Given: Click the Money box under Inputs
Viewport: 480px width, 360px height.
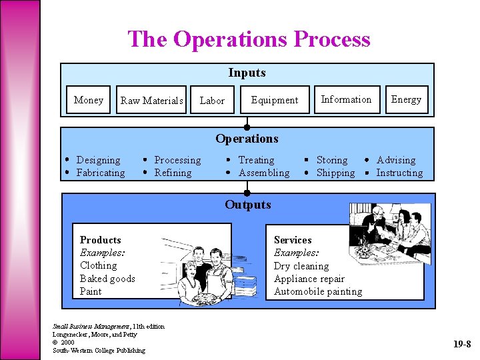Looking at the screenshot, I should [x=89, y=100].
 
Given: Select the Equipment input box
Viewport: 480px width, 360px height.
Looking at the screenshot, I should [x=275, y=100].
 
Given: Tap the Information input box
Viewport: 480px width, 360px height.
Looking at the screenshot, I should [x=346, y=99].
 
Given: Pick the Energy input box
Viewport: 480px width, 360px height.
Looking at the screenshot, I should [x=406, y=99].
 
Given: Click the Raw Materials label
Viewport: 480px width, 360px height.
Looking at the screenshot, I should [x=152, y=101].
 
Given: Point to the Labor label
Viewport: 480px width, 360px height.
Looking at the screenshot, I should [x=212, y=101].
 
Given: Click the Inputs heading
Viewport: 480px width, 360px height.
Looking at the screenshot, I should [x=247, y=73].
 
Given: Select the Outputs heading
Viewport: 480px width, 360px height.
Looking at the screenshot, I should [x=247, y=205].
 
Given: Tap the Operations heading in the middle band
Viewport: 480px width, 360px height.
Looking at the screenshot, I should [x=247, y=139].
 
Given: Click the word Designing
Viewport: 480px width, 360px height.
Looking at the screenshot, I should [x=99, y=160].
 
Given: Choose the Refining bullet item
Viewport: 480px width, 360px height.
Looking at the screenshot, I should [x=173, y=173].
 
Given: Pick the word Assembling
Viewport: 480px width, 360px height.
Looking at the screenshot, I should [x=264, y=173].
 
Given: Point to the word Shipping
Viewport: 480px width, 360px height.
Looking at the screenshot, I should [x=335, y=173].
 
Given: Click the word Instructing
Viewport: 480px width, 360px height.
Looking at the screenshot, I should [x=399, y=173].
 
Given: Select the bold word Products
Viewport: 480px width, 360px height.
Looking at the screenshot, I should [x=101, y=240].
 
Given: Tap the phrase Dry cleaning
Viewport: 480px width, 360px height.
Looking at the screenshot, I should [x=301, y=266].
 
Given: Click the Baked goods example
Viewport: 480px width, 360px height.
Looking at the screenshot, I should [x=107, y=279].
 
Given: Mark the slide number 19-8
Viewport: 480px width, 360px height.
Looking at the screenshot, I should [x=462, y=345].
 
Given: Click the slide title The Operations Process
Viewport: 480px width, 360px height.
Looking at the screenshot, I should [x=249, y=39].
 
